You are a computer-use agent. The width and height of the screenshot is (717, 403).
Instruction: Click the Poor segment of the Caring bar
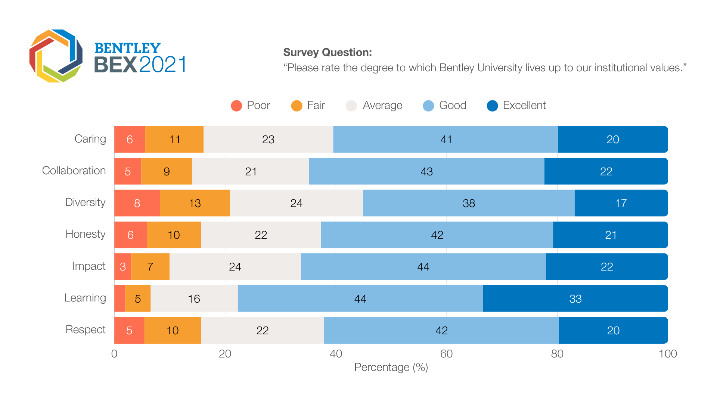pos(130,139)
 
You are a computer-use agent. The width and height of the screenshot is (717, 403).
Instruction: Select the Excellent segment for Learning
pos(575,299)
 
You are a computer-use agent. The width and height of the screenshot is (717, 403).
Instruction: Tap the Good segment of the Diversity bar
pos(469,203)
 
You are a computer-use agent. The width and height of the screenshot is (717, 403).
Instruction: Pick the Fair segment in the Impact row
pos(150,267)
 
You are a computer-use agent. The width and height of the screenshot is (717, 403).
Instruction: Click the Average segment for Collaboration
pos(251,171)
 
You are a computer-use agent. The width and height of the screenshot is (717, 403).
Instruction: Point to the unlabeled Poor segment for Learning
pos(119,299)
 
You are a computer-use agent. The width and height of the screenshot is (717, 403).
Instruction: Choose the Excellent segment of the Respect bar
pos(613,330)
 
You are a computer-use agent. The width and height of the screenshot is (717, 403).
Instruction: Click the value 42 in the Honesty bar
pos(437,235)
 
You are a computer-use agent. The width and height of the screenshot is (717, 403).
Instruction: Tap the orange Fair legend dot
pos(297,106)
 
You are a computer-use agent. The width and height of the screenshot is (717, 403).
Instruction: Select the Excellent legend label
pos(524,106)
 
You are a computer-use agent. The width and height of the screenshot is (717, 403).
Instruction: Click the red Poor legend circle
pos(236,106)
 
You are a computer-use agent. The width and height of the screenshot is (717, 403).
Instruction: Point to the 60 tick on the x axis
pos(446,354)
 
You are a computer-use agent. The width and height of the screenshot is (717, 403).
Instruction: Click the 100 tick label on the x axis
pos(668,354)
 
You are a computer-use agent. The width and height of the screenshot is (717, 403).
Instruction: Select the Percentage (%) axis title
pos(391,368)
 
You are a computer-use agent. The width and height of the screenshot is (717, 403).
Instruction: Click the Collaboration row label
pos(74,171)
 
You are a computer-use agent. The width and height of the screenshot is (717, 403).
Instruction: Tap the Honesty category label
pos(86,234)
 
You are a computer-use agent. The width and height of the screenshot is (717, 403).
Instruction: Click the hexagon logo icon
pos(56,56)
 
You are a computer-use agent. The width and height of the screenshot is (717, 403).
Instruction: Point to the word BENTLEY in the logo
pos(127,48)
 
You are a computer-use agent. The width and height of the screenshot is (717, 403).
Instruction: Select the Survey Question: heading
pos(328,53)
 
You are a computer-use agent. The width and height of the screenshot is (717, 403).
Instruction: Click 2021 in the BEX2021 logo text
pos(163,65)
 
